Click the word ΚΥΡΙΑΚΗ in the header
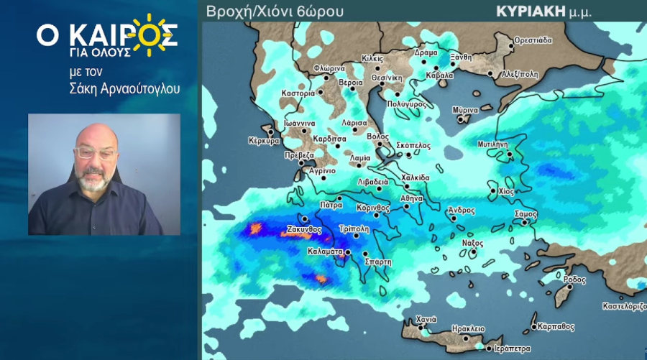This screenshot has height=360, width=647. (x=526, y=11)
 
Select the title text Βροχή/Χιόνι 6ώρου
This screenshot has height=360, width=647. (x=275, y=11)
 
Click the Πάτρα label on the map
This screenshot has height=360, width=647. (x=331, y=205)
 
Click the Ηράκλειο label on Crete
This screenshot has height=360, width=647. (x=468, y=328)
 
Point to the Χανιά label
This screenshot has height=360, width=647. (x=426, y=320)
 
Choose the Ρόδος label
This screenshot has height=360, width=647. (x=575, y=279)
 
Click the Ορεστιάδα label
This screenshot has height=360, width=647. (x=533, y=40)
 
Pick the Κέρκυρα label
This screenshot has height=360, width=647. (x=263, y=141)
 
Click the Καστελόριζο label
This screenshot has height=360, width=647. (x=624, y=306)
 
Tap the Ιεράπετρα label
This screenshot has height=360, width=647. (x=513, y=349)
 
